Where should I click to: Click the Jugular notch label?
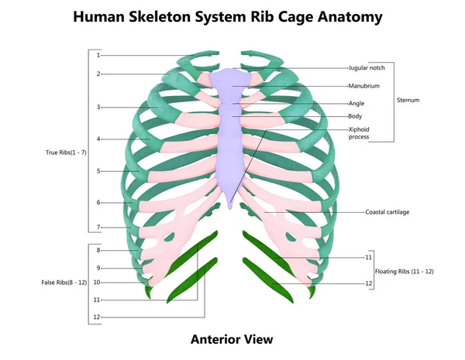tap(367, 68)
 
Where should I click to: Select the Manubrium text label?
tap(364, 86)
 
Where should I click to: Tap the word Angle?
tap(356, 104)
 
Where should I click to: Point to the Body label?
tap(355, 116)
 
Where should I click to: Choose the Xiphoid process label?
tap(359, 133)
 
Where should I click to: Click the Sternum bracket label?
tap(408, 100)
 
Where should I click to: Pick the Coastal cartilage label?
tap(387, 212)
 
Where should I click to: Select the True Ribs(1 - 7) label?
tap(66, 153)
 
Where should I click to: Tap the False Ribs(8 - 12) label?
tap(64, 283)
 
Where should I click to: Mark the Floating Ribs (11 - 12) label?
tap(405, 272)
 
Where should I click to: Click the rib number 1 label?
tap(98, 55)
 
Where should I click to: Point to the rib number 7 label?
tap(98, 228)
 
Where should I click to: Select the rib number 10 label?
tap(97, 283)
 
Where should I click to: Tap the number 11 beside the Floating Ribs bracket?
tap(368, 257)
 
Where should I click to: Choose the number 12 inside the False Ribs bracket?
tap(97, 317)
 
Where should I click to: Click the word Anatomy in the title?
tap(350, 17)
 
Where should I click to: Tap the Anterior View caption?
tap(232, 339)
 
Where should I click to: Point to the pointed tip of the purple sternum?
tap(230, 208)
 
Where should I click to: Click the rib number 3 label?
tap(98, 108)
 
